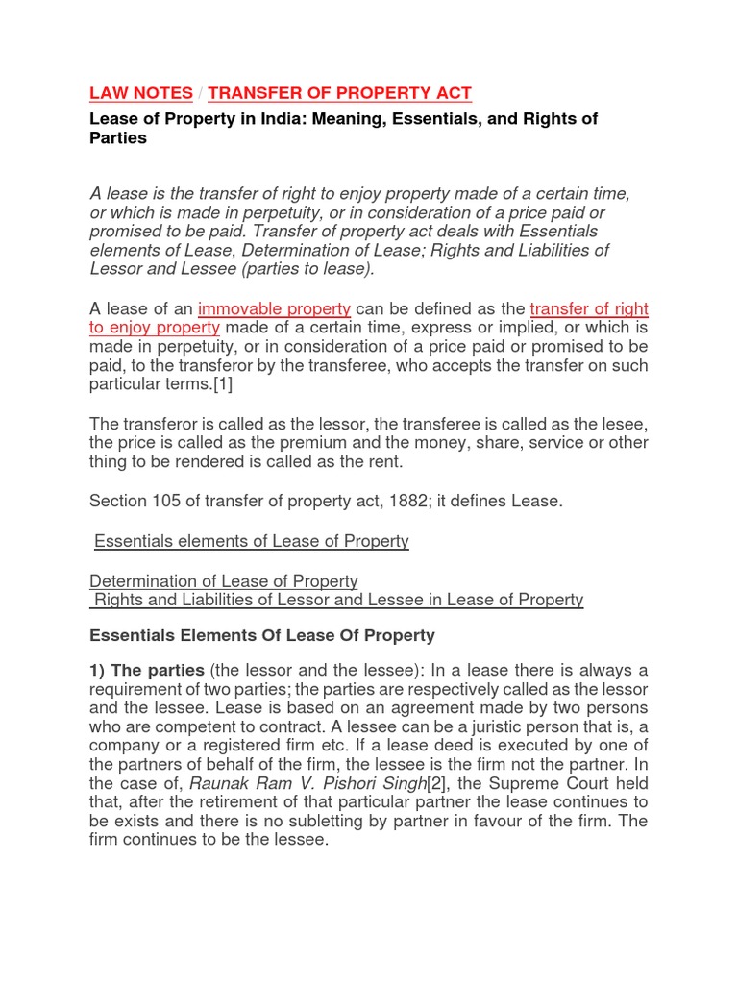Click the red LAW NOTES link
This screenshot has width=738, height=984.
tap(140, 93)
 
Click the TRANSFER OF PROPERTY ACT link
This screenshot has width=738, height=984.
tap(339, 93)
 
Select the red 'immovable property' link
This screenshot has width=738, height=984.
tap(274, 308)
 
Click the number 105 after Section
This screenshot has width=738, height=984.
tap(166, 501)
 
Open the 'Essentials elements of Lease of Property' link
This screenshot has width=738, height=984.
tap(251, 541)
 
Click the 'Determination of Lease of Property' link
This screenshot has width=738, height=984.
tap(223, 581)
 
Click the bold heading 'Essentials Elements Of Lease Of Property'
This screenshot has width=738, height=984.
tap(261, 635)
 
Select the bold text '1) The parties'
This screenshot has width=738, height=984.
tap(146, 670)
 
